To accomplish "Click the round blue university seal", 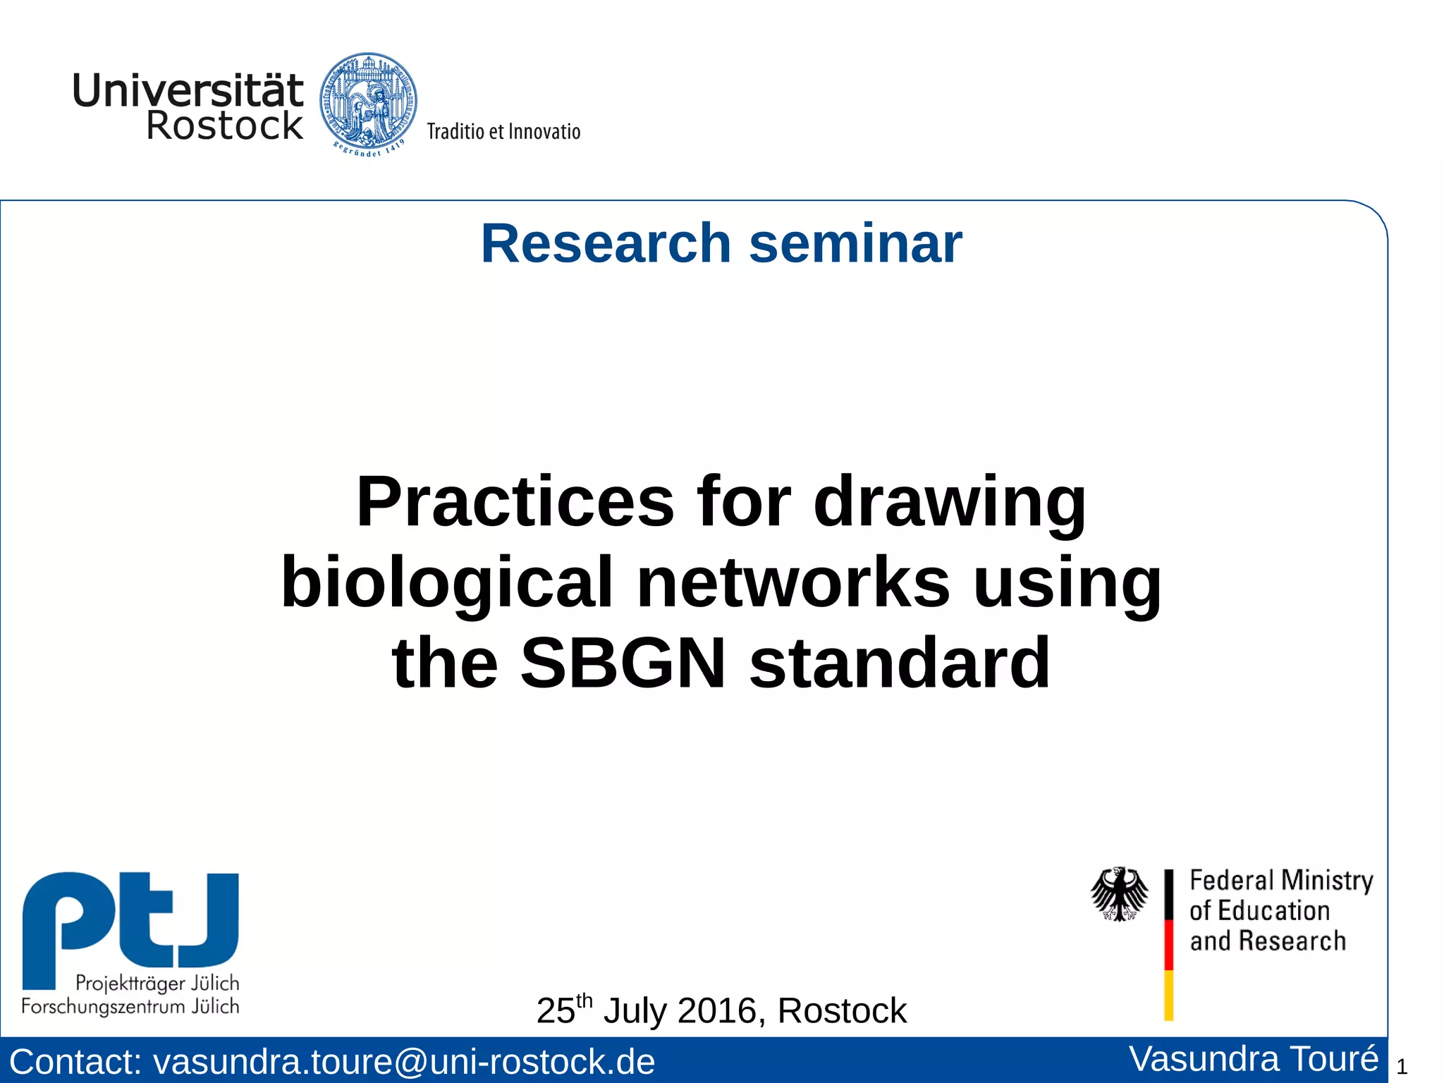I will click(368, 102).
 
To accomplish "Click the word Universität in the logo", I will click(188, 91).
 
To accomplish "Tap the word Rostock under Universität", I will click(224, 126).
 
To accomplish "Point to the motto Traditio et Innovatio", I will click(503, 132).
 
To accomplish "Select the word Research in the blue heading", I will click(606, 243).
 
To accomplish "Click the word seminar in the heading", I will click(855, 243).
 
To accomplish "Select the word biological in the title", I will click(447, 582).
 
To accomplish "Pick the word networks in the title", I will click(793, 582).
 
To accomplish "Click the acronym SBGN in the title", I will click(623, 663).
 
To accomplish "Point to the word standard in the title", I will click(900, 663).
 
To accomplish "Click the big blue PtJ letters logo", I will click(131, 921).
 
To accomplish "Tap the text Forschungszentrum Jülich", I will click(130, 1006).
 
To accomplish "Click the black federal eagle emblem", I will click(1119, 894).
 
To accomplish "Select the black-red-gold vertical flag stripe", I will click(1168, 945).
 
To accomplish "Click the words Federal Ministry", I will click(1281, 881).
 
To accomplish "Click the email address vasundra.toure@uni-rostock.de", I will click(404, 1062).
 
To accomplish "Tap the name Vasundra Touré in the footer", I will click(1253, 1059).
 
